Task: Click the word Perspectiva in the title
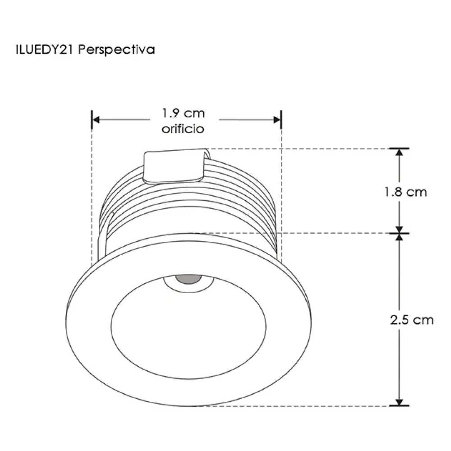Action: click(117, 50)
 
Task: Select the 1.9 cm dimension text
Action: click(183, 113)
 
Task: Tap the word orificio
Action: click(183, 129)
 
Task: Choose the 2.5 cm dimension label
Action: click(412, 320)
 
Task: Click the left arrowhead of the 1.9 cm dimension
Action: click(96, 120)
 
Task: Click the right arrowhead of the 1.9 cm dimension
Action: click(277, 120)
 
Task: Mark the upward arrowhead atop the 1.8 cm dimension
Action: click(399, 152)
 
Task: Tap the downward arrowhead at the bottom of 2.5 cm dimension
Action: click(399, 401)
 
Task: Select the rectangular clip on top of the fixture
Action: click(174, 166)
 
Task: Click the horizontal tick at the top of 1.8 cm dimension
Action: click(399, 148)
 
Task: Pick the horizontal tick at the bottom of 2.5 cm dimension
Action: click(399, 405)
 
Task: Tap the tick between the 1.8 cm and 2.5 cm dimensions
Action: click(399, 233)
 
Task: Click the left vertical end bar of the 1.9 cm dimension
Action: click(92, 120)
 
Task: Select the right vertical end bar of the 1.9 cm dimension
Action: click(281, 120)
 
